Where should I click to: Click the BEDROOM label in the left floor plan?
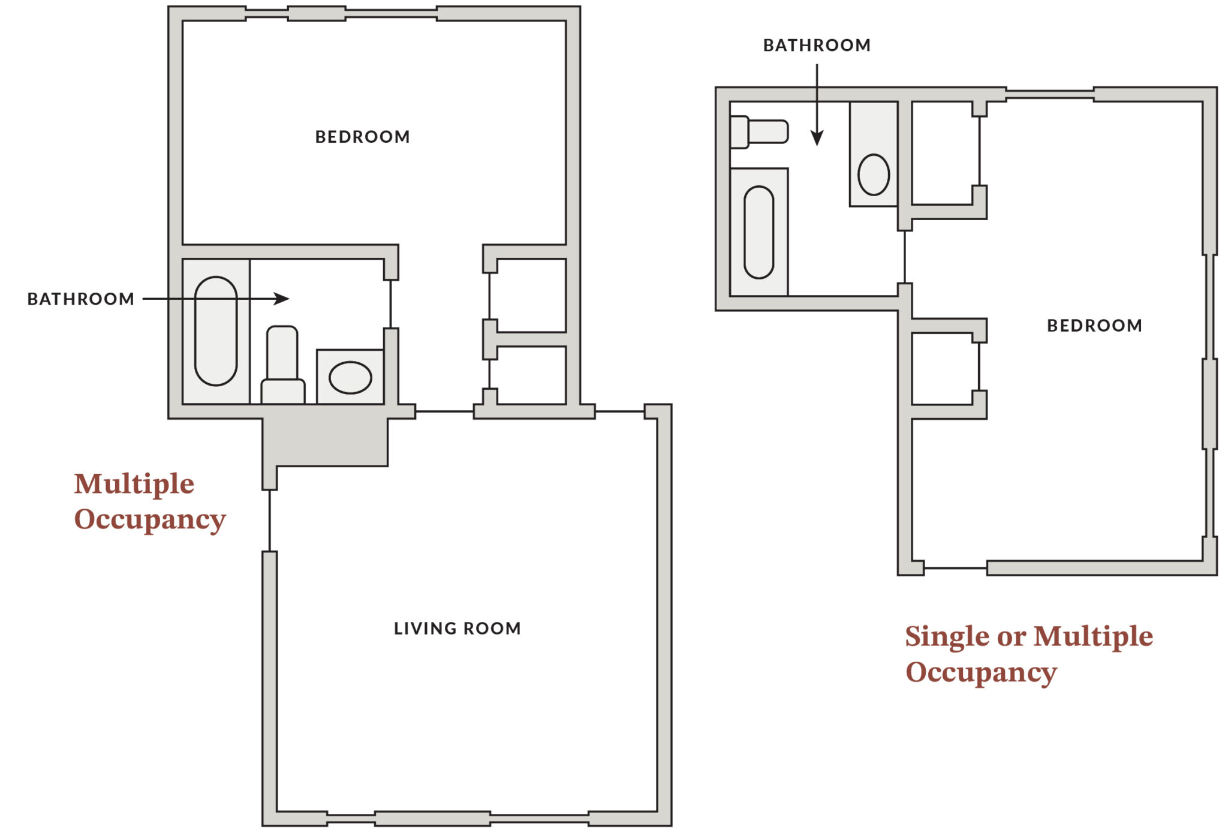tap(362, 137)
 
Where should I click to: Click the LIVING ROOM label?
tap(457, 628)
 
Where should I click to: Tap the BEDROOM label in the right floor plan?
tap(1094, 326)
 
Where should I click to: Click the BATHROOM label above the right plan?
tap(817, 46)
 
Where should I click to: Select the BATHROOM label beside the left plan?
tap(81, 299)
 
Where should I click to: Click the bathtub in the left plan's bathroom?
tap(216, 331)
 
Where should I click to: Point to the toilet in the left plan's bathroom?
tap(282, 366)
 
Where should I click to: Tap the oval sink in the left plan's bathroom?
tap(350, 378)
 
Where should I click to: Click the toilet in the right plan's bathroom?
tap(759, 132)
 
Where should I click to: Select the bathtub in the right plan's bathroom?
tap(759, 233)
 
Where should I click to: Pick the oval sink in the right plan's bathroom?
tap(873, 175)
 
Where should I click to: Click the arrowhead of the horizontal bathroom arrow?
tap(282, 299)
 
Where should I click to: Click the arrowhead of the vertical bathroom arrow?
tap(817, 139)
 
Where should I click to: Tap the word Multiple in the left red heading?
tap(134, 484)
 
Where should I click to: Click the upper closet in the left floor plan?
tap(531, 295)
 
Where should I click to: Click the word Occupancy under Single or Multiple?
tap(981, 672)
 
